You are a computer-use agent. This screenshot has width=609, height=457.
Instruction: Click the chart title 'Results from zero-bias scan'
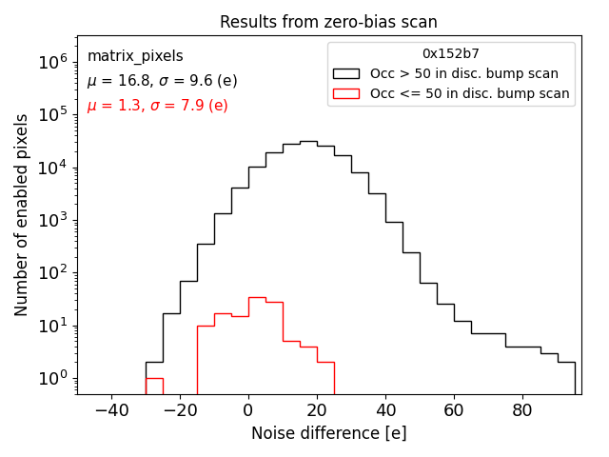tap(328, 22)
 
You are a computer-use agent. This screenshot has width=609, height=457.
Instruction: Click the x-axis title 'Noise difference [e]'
tap(328, 433)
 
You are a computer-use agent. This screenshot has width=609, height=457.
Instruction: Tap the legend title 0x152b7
tap(451, 53)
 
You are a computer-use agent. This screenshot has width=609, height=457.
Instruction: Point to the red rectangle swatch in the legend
tap(346, 93)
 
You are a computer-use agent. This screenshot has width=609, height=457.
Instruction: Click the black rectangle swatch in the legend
tap(346, 73)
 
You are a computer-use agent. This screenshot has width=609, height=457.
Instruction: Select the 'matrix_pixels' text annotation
tap(135, 56)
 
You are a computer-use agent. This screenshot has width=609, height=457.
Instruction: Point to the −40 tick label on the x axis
tap(111, 411)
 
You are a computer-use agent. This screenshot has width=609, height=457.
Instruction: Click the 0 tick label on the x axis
tap(248, 411)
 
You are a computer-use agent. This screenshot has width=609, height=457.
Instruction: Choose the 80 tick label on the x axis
tap(522, 411)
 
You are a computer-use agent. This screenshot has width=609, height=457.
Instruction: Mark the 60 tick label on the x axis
tap(454, 411)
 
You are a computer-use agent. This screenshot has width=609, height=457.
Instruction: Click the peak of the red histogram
tap(257, 297)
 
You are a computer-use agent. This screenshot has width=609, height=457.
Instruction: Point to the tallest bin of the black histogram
tap(308, 142)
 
